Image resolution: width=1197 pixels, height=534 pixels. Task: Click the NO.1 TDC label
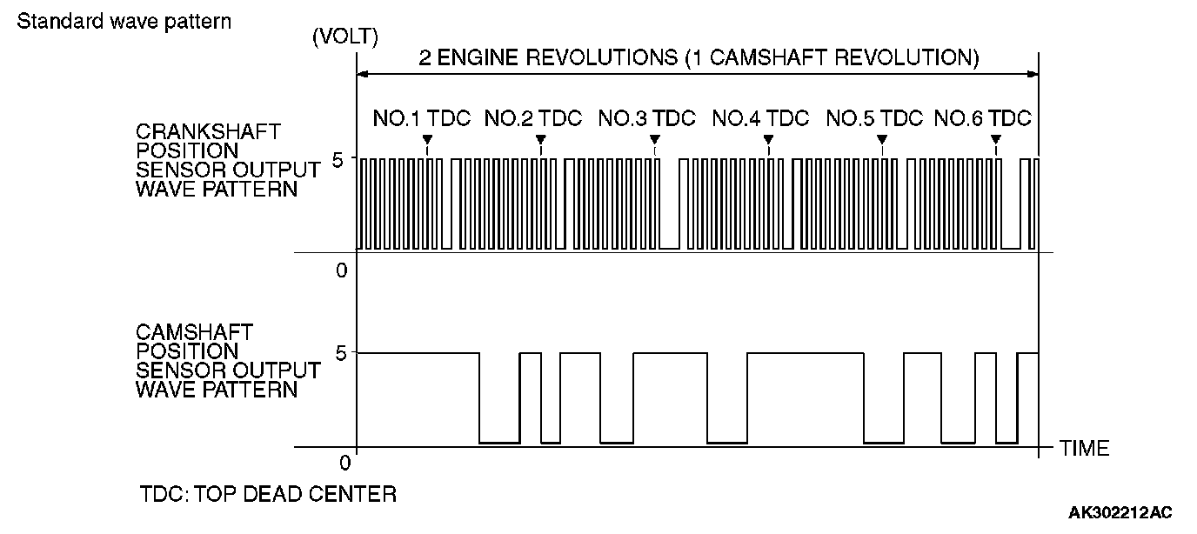coord(422,118)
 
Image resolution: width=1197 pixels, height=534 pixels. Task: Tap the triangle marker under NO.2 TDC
coord(540,140)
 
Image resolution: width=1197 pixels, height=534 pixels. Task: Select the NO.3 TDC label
coord(647,118)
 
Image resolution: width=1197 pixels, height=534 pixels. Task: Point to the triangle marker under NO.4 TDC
coord(768,140)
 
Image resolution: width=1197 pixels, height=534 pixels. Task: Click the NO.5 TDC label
coord(874,118)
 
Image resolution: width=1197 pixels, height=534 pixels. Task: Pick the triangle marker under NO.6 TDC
coord(995,140)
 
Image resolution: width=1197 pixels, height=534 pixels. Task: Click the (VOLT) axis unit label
coord(344,37)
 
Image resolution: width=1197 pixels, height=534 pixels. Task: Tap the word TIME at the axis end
coord(1085,449)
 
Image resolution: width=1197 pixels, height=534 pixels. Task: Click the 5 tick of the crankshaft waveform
coord(340,159)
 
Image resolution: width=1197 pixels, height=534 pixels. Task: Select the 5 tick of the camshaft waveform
coord(340,353)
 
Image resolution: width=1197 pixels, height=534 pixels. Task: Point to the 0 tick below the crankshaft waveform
coord(341,270)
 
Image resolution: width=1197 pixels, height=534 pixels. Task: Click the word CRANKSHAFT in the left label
coord(208,131)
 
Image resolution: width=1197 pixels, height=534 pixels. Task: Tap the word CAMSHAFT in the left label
coord(194,332)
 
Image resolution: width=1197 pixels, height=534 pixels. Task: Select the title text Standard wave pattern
coord(124,21)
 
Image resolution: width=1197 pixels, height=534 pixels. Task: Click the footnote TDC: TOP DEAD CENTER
coord(268,495)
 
